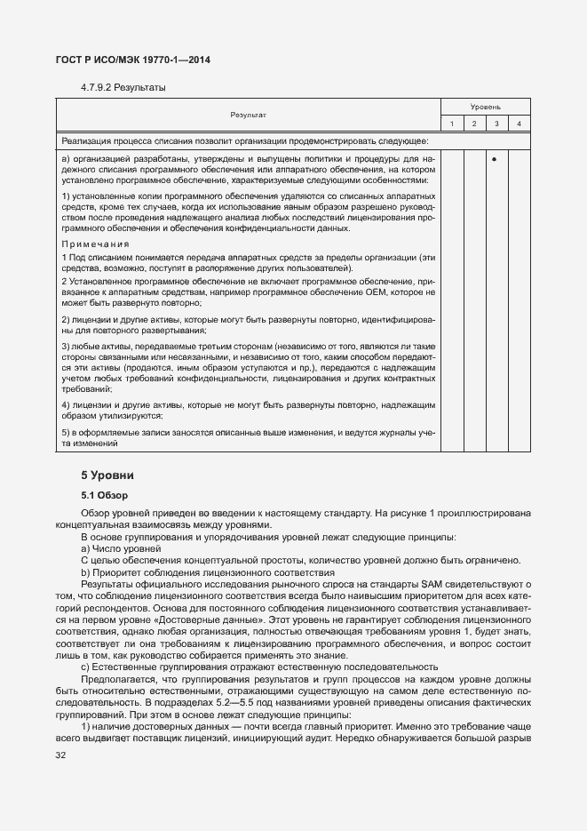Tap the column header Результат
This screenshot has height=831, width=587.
248,115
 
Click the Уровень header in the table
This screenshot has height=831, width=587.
485,107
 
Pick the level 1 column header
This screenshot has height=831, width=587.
452,123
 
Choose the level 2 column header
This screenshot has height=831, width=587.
474,123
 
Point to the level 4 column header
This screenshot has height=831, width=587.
519,123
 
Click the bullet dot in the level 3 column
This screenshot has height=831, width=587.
496,160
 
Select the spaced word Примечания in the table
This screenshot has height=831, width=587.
95,244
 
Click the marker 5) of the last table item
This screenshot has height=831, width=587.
66,432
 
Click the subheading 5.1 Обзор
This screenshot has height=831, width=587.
105,494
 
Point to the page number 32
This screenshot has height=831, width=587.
61,755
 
